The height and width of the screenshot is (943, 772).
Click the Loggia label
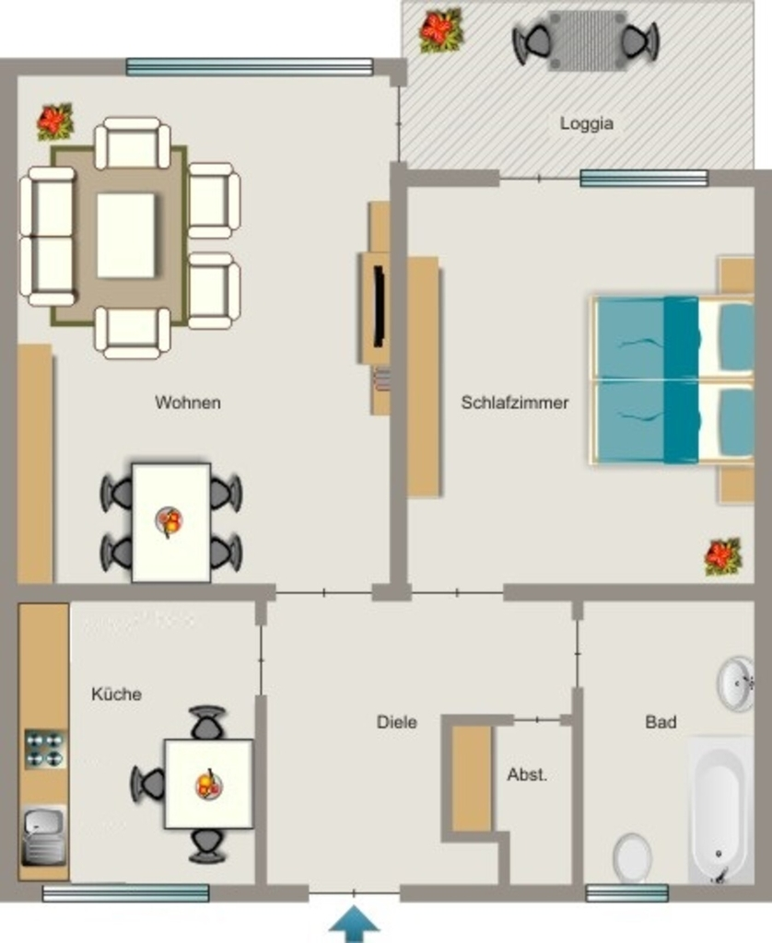click(587, 123)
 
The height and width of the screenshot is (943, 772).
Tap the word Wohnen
click(188, 402)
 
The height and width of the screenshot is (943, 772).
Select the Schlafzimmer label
click(514, 402)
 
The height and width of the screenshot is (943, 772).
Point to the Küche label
click(117, 693)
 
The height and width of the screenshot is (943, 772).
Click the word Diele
click(396, 722)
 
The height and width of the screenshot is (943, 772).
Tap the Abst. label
click(527, 774)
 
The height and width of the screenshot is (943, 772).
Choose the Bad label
click(661, 722)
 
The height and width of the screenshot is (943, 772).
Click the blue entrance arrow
click(355, 924)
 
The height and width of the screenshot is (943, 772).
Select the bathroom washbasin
click(736, 684)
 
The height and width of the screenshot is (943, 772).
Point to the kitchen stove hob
click(46, 749)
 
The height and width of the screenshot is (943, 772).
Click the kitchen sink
click(44, 836)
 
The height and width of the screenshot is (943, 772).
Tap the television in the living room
click(379, 306)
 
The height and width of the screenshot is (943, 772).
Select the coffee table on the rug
click(126, 235)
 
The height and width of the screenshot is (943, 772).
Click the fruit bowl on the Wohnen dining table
click(170, 521)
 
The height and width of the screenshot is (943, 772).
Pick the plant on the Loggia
click(441, 30)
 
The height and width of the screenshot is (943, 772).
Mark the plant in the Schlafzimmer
click(723, 556)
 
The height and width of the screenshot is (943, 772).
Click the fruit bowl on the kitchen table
click(209, 785)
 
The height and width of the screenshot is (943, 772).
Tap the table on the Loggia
click(587, 41)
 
